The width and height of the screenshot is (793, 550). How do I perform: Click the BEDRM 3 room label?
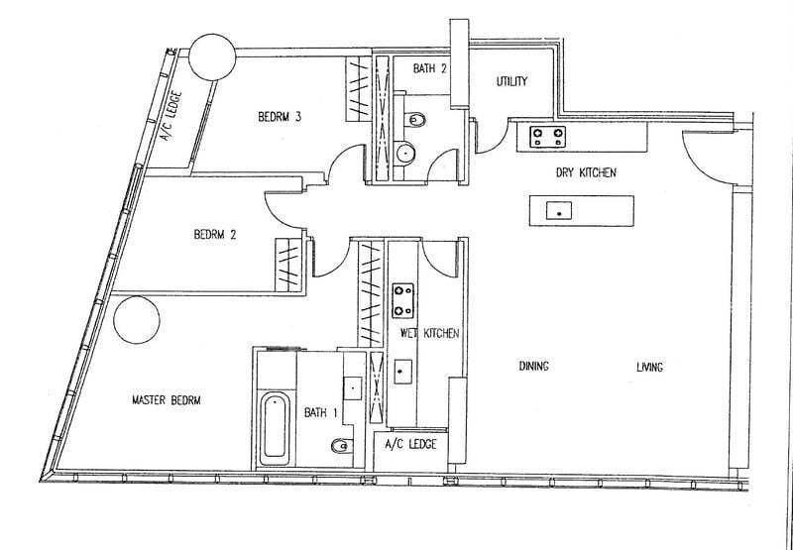click(280, 117)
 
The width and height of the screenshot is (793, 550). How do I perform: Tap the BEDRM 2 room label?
click(215, 235)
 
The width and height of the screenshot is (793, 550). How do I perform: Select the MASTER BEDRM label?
click(166, 400)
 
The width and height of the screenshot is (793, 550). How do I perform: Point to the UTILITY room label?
click(511, 81)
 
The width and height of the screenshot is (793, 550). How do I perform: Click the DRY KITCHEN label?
click(586, 172)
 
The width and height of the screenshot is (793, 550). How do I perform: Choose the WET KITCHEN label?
click(429, 333)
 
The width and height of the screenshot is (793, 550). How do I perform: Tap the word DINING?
click(534, 366)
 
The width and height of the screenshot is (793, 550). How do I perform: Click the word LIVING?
click(649, 367)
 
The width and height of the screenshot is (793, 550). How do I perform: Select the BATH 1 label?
click(320, 412)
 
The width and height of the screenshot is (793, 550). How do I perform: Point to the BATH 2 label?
click(430, 68)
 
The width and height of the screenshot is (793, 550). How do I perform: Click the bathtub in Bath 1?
click(275, 429)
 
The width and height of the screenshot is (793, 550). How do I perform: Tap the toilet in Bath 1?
click(341, 445)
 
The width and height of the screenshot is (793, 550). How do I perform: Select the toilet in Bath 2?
click(415, 120)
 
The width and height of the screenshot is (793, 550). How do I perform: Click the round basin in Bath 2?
click(405, 153)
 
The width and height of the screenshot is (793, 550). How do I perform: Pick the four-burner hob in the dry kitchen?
click(548, 137)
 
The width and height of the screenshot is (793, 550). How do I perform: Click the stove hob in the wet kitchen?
click(403, 301)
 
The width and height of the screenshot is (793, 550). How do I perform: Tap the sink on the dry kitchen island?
click(559, 211)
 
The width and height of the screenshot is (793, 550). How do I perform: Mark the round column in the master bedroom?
click(137, 320)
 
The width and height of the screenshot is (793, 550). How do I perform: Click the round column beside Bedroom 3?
click(212, 57)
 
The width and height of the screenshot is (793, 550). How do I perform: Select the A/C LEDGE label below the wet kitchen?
click(410, 444)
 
